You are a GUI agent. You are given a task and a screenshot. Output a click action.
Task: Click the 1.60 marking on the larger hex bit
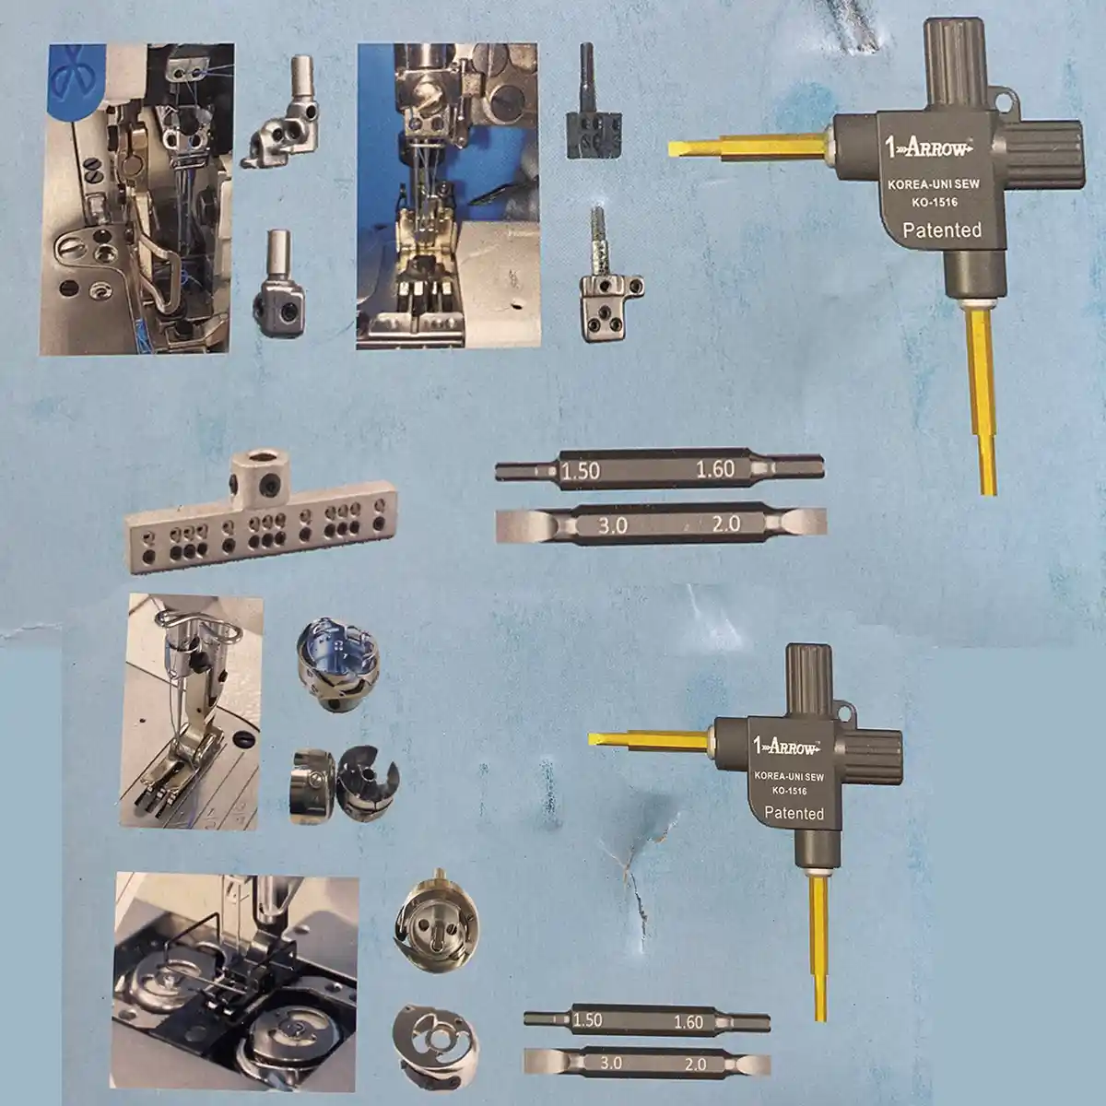(x=715, y=469)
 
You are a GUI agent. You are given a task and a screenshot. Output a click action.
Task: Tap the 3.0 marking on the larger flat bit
(x=612, y=525)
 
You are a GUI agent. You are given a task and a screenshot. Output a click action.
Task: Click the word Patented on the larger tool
(x=942, y=230)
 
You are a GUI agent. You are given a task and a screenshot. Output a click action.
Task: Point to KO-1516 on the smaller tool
(x=789, y=790)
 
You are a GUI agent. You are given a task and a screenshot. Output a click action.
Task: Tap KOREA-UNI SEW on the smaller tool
(x=789, y=777)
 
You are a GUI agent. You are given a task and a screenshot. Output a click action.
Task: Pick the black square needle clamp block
(x=594, y=135)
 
